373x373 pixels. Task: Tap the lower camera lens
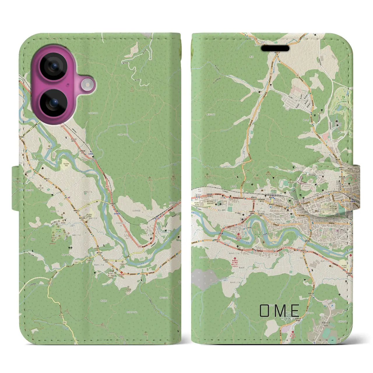[54, 103]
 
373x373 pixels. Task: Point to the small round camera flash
[86, 85]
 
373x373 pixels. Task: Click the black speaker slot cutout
[275, 48]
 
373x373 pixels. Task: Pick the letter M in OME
[280, 311]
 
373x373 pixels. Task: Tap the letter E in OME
[295, 311]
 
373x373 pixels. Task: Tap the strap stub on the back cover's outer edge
[15, 188]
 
